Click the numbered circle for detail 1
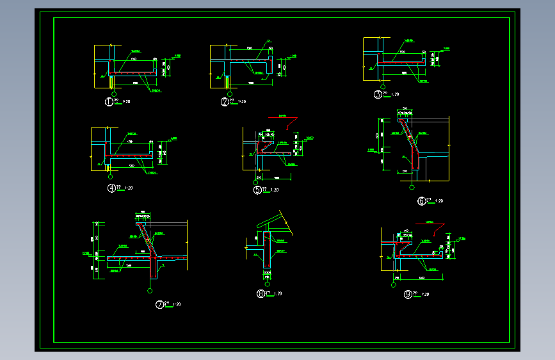(x=109, y=101)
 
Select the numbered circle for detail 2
(x=225, y=101)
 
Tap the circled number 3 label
(x=378, y=95)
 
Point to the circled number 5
(x=257, y=190)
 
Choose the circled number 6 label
(x=421, y=201)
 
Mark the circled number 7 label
(x=159, y=305)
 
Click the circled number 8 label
(x=261, y=294)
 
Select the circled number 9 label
(x=408, y=295)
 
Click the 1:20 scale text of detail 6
(x=439, y=201)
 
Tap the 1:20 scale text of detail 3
(x=395, y=94)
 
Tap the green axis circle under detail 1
(x=113, y=94)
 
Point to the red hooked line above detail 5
(x=292, y=122)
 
